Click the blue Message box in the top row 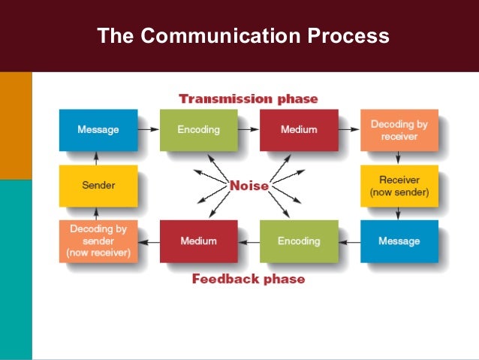pyautogui.click(x=98, y=130)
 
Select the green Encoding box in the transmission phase pyautogui.click(x=198, y=130)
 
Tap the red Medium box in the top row pyautogui.click(x=298, y=130)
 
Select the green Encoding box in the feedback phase pyautogui.click(x=298, y=241)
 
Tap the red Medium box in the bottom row pyautogui.click(x=198, y=241)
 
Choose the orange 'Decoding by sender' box pyautogui.click(x=98, y=241)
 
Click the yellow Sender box pyautogui.click(x=98, y=186)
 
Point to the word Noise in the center pyautogui.click(x=248, y=186)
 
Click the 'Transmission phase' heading pyautogui.click(x=248, y=99)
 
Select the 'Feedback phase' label pyautogui.click(x=248, y=280)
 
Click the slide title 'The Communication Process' pyautogui.click(x=243, y=36)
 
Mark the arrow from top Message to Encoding pyautogui.click(x=149, y=130)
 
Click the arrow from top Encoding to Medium pyautogui.click(x=249, y=130)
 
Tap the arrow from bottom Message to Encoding pyautogui.click(x=348, y=241)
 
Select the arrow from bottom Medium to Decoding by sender pyautogui.click(x=149, y=241)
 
